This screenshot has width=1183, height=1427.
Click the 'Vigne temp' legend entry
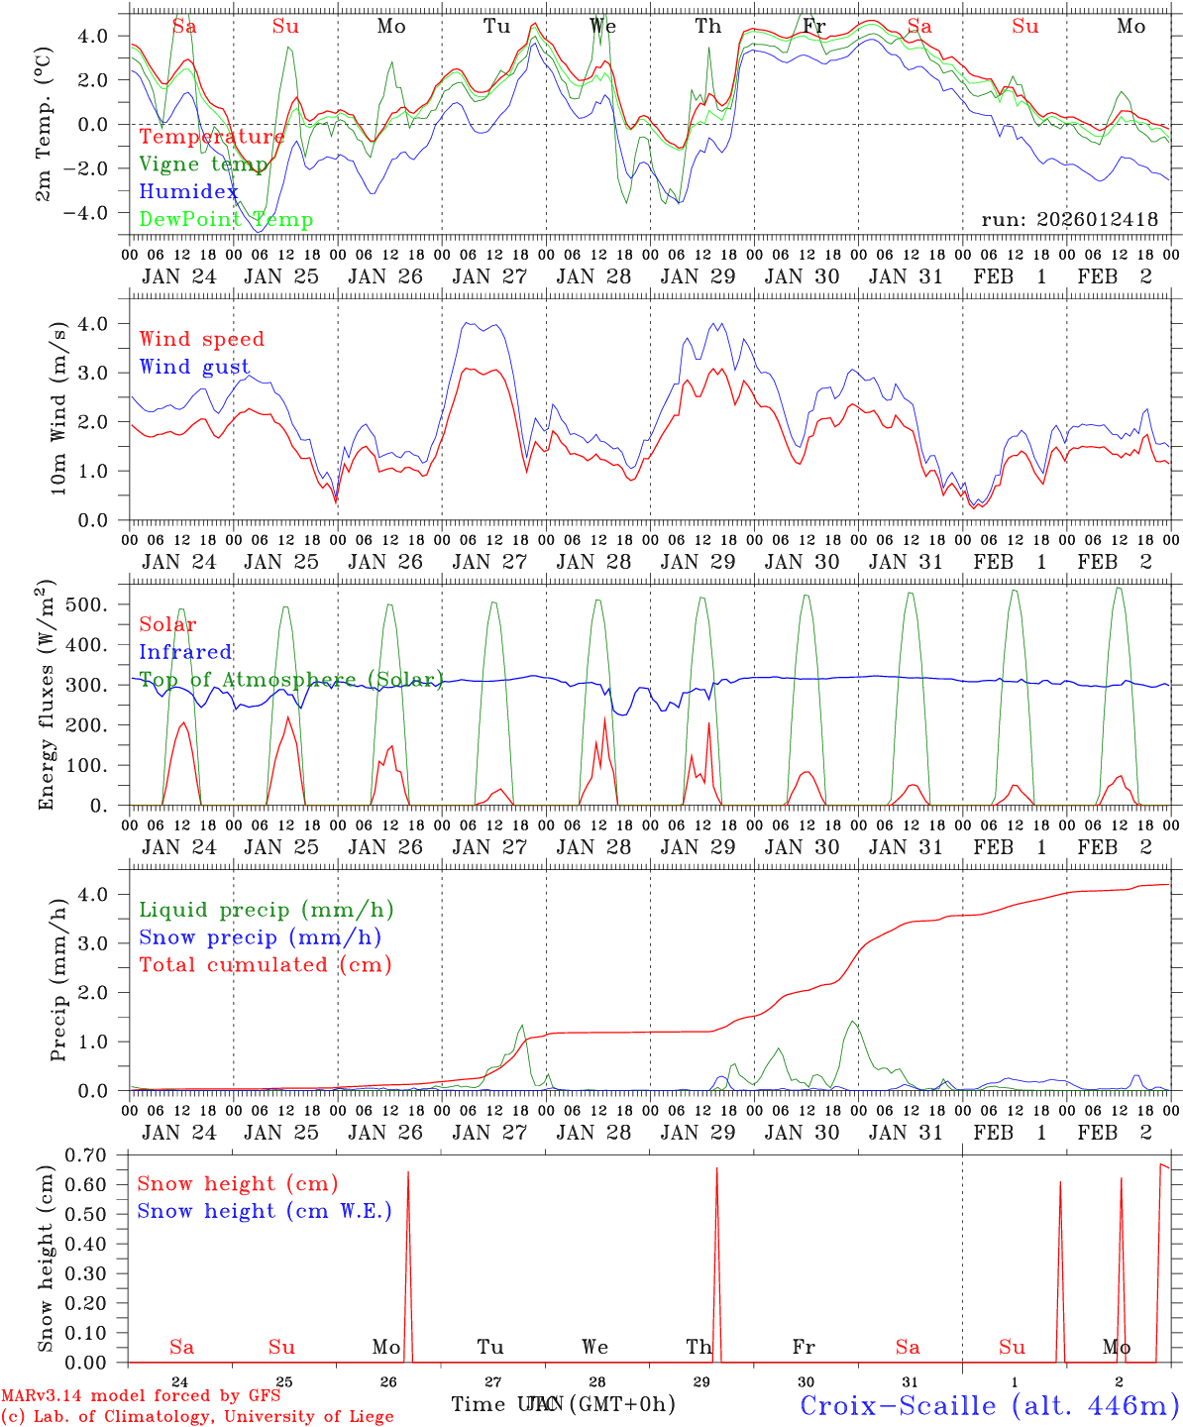point(202,165)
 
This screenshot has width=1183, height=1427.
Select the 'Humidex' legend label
point(188,192)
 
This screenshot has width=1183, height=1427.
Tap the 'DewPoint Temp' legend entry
point(226,220)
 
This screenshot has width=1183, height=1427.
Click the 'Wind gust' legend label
point(194,367)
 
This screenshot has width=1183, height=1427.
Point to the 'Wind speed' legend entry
point(202,339)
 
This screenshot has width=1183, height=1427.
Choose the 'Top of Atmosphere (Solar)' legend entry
point(290,680)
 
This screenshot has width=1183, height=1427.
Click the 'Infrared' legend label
point(185,652)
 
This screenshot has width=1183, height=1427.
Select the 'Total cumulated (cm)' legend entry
point(265,964)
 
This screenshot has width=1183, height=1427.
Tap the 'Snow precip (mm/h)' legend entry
point(260,937)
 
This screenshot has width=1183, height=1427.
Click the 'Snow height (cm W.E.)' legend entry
point(265,1211)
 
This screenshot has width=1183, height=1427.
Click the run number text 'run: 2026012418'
point(1069,220)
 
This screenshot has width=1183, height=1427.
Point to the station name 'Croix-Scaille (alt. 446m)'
point(989,1405)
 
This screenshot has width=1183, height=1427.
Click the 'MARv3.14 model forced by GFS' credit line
point(140,1396)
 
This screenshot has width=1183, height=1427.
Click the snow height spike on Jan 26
point(408,1249)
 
